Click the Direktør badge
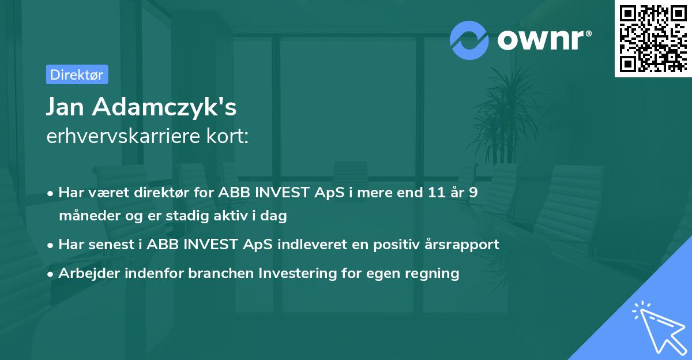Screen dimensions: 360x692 pyautogui.click(x=76, y=74)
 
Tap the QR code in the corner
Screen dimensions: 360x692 pyautogui.click(x=652, y=38)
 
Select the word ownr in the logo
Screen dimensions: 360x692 pyautogui.click(x=540, y=40)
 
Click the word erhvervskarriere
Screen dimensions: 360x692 pyautogui.click(x=124, y=136)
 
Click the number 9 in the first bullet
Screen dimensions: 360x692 pyautogui.click(x=473, y=193)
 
